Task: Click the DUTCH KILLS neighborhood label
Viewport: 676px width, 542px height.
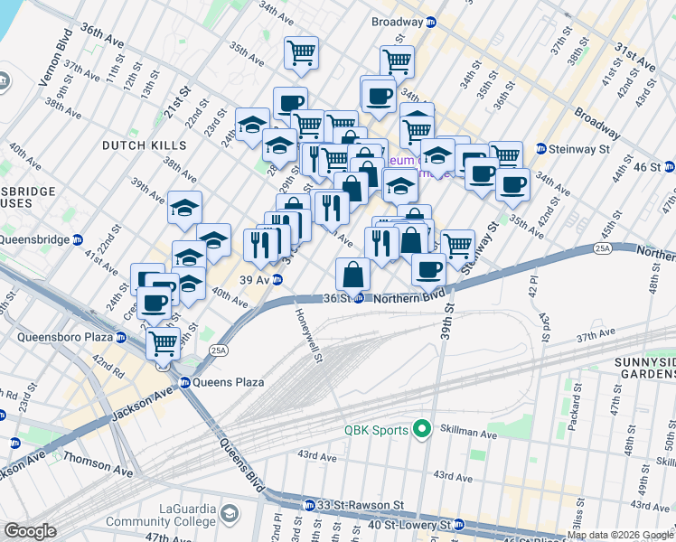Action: click(145, 145)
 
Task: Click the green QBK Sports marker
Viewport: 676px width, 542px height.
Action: click(420, 428)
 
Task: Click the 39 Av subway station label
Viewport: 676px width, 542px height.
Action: click(256, 279)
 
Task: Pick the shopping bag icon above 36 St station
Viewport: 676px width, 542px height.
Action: click(352, 273)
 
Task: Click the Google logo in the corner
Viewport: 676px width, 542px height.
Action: click(30, 531)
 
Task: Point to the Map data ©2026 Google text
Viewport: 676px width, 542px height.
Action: click(620, 536)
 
